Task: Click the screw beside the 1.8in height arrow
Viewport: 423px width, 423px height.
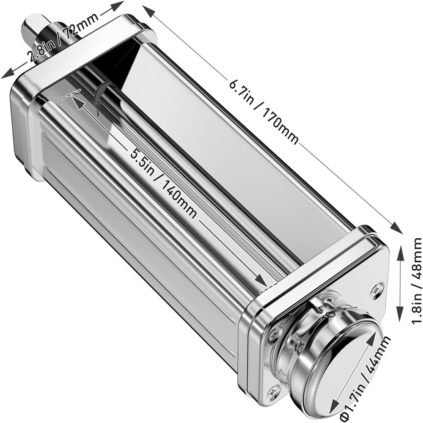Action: point(376,291)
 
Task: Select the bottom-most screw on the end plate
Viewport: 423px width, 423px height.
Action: point(275,390)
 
